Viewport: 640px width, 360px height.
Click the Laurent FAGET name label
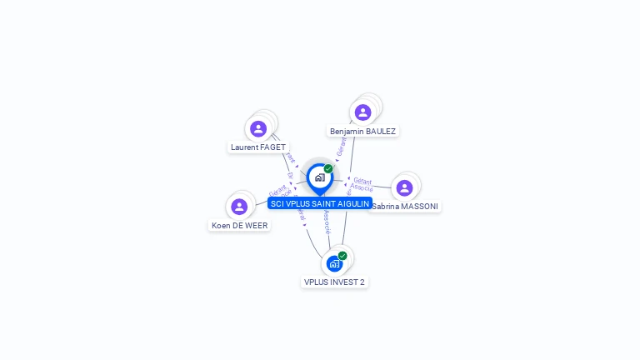pyautogui.click(x=258, y=147)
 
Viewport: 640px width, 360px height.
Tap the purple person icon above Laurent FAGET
pyautogui.click(x=258, y=128)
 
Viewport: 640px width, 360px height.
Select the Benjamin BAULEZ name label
pyautogui.click(x=363, y=131)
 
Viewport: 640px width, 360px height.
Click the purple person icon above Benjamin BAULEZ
pyautogui.click(x=362, y=112)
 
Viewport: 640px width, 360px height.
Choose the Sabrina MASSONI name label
pyautogui.click(x=405, y=206)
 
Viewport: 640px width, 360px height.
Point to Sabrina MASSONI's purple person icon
pyautogui.click(x=404, y=187)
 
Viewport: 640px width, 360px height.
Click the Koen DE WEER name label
pyautogui.click(x=239, y=225)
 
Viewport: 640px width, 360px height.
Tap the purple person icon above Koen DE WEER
pyautogui.click(x=239, y=206)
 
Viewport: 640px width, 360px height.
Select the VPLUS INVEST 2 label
pyautogui.click(x=334, y=282)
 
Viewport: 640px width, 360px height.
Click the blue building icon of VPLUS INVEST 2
pyautogui.click(x=334, y=263)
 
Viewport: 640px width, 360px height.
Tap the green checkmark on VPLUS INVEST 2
pyautogui.click(x=342, y=256)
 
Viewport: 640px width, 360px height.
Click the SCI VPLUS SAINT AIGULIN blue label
pyautogui.click(x=320, y=203)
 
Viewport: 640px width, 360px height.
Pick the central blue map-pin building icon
pyautogui.click(x=319, y=177)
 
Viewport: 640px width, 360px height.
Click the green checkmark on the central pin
pyautogui.click(x=328, y=168)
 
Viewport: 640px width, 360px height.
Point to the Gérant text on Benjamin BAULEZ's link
pyautogui.click(x=341, y=147)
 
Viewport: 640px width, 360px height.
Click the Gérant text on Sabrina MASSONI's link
pyautogui.click(x=362, y=181)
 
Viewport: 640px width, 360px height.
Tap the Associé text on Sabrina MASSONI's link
pyautogui.click(x=362, y=188)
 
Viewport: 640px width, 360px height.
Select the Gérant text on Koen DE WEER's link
pyautogui.click(x=277, y=189)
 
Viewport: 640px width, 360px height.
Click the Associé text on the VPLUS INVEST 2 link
pyautogui.click(x=327, y=221)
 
